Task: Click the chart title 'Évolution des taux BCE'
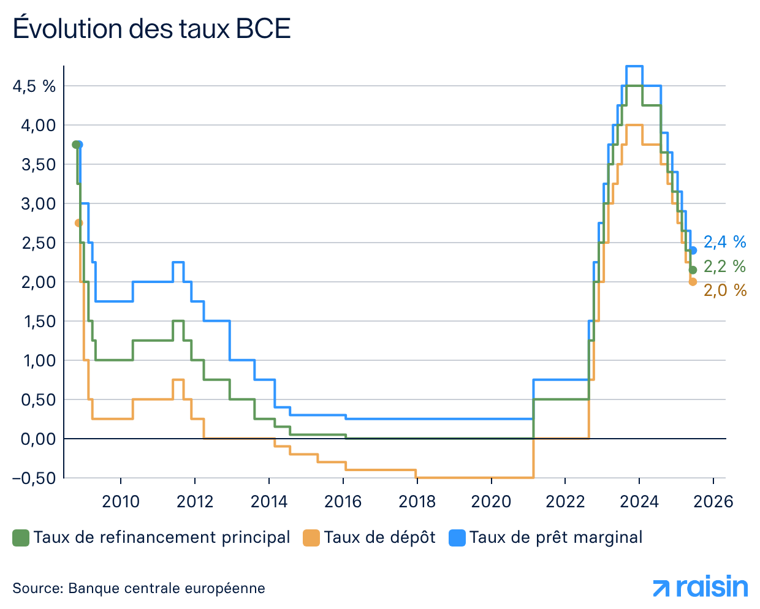click(151, 29)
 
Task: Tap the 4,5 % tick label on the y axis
click(34, 86)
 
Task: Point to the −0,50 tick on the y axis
click(34, 478)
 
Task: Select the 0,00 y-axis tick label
click(38, 439)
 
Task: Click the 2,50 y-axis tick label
click(38, 243)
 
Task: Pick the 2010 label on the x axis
click(121, 502)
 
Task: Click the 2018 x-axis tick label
click(417, 502)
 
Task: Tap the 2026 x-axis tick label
click(714, 502)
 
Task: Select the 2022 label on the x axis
click(565, 502)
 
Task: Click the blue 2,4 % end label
click(724, 242)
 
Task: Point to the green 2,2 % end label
click(724, 267)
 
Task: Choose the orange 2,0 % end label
click(724, 290)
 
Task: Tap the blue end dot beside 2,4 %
click(693, 251)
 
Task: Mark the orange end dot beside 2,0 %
click(693, 282)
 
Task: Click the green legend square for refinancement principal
click(21, 538)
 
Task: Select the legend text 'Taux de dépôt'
click(379, 537)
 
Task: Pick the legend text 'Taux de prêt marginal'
click(556, 537)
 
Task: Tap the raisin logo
click(701, 587)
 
